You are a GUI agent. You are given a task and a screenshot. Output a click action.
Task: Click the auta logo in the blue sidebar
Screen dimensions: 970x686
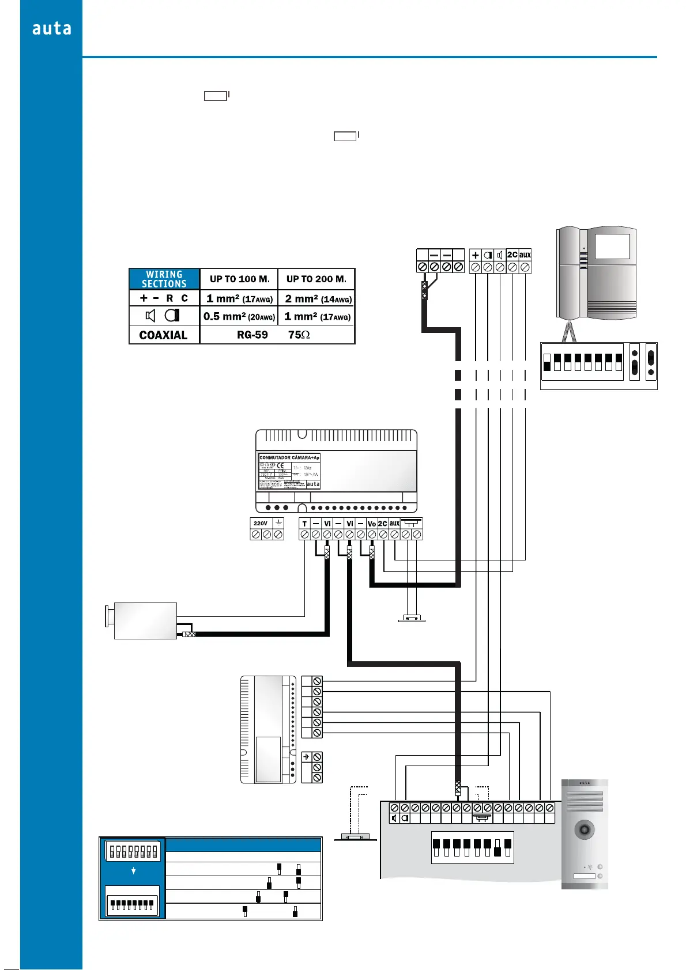coord(52,29)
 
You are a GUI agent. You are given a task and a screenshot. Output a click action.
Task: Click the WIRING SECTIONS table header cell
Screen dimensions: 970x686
coord(164,279)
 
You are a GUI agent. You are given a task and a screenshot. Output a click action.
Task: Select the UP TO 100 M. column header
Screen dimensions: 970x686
coord(239,279)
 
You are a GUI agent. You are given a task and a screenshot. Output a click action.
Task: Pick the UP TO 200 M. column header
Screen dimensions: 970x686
coord(316,279)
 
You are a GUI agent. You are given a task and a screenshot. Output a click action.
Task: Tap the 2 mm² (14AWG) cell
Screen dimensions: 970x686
coord(318,299)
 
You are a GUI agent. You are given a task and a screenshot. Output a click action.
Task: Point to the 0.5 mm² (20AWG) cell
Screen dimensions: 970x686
coord(239,317)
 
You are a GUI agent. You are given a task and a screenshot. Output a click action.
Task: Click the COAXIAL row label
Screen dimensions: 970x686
coord(164,335)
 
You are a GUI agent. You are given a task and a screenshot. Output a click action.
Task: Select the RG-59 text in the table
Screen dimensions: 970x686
coord(252,335)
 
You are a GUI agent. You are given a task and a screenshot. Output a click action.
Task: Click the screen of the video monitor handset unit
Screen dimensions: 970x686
coord(612,247)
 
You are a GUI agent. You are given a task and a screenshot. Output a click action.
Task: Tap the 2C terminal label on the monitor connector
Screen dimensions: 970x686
coord(512,255)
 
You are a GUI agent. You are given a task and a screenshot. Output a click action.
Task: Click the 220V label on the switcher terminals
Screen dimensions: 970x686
coord(261,524)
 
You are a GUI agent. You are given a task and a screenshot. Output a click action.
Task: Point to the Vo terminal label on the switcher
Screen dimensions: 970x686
coord(372,524)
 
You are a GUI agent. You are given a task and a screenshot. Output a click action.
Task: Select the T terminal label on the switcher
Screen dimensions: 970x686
coord(304,524)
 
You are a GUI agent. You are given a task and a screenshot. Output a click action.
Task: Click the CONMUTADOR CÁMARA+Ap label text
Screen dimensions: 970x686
coord(289,458)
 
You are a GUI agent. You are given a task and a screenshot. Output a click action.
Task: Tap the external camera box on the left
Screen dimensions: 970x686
coord(145,620)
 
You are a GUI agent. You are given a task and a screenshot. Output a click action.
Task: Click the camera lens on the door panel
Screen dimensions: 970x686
coord(585,830)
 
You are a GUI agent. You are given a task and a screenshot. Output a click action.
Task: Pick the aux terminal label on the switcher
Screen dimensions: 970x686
coord(394,524)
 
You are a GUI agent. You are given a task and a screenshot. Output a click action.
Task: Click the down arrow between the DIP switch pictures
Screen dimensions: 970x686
coord(134,871)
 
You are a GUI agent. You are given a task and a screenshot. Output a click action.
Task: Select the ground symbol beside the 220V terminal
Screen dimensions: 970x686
coord(278,523)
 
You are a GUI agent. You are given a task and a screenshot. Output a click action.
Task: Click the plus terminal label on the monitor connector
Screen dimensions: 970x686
coord(476,255)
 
